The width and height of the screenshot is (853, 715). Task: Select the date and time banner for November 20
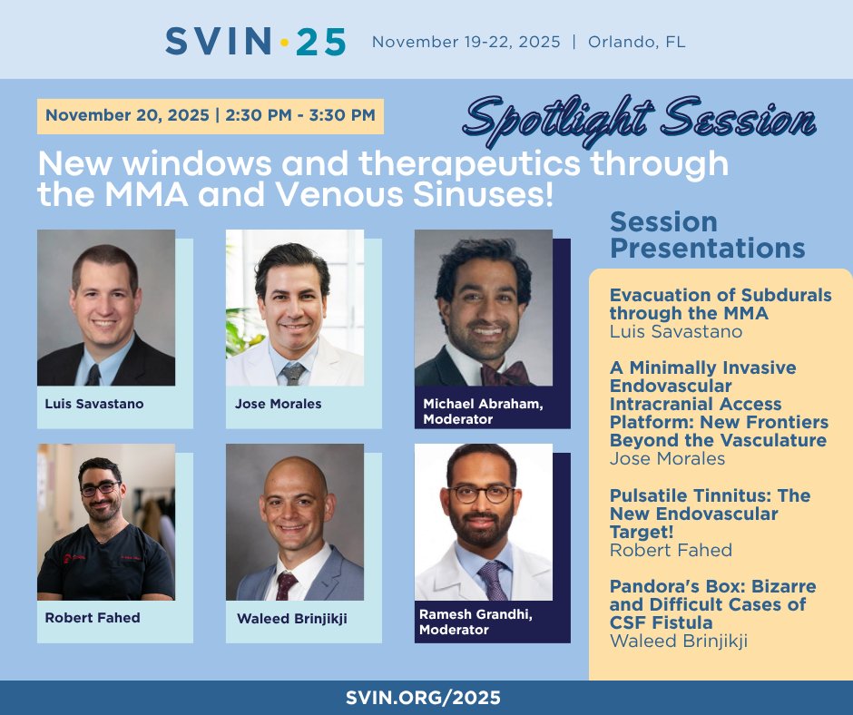pyautogui.click(x=210, y=115)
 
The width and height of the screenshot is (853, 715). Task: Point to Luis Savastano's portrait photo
pyautogui.click(x=106, y=308)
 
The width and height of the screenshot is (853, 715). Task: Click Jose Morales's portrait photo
pyautogui.click(x=295, y=308)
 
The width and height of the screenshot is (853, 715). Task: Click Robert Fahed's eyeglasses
pyautogui.click(x=100, y=488)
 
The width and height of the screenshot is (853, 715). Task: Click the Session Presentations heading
pyautogui.click(x=707, y=235)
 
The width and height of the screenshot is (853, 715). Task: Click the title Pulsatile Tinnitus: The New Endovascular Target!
pyautogui.click(x=710, y=514)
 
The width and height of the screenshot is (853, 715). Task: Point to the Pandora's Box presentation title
pyautogui.click(x=712, y=603)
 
